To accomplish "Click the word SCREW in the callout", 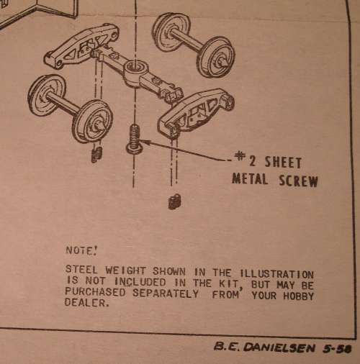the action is point(298,181).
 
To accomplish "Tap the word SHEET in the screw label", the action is point(283,163).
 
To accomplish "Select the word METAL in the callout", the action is point(250,178).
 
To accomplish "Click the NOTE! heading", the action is point(81,250).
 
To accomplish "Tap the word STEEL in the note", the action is point(81,270).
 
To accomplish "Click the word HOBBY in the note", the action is point(298,296).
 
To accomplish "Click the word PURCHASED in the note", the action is point(95,292).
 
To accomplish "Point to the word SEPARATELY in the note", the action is point(166,294).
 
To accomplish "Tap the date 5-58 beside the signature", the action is point(337,348).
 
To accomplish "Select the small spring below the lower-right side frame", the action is point(175,201).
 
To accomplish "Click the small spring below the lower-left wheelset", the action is point(96,154).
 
